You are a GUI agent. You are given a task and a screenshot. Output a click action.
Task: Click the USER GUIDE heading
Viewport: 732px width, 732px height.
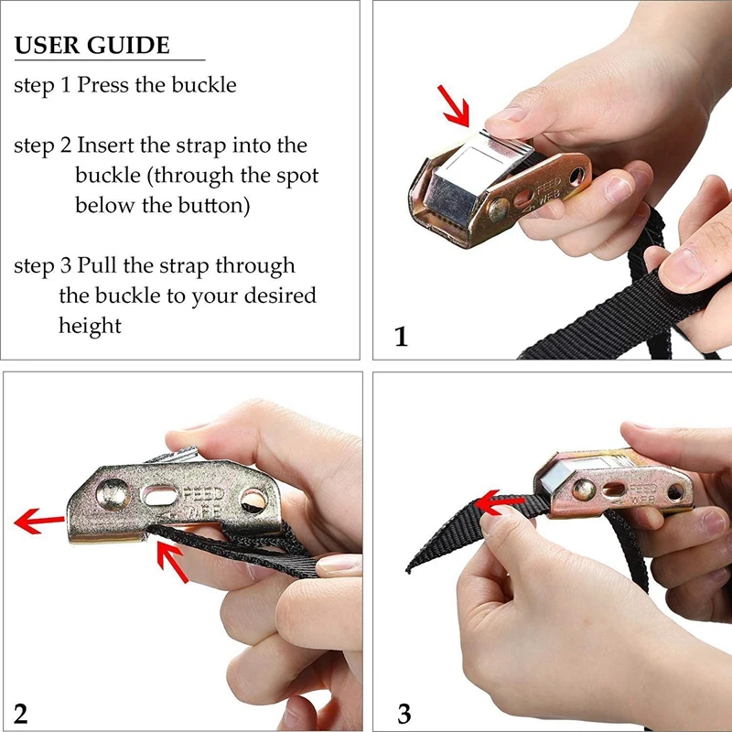[92, 45]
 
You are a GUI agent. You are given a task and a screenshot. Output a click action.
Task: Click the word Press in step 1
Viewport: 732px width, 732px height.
[102, 84]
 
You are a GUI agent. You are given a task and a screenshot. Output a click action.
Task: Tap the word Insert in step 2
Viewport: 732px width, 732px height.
[105, 145]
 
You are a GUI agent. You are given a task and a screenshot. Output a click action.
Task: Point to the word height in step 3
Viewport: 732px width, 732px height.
[90, 326]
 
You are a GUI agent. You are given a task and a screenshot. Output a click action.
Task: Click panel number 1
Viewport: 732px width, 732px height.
[401, 336]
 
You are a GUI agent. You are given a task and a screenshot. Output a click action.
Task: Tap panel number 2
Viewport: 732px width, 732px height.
[20, 714]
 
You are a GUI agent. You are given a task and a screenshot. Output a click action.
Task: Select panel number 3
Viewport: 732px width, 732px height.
[404, 714]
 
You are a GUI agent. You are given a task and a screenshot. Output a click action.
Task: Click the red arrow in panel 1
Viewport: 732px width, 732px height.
[454, 106]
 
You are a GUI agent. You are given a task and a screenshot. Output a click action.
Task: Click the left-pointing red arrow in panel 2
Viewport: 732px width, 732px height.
[39, 521]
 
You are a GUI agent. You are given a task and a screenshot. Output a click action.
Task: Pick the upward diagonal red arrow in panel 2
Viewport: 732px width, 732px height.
[172, 561]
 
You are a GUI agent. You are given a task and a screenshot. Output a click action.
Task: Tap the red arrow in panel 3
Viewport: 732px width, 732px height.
[499, 502]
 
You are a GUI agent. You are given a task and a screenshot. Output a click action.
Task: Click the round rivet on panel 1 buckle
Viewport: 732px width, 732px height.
[499, 210]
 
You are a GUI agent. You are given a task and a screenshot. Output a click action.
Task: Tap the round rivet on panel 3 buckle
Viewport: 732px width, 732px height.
[584, 490]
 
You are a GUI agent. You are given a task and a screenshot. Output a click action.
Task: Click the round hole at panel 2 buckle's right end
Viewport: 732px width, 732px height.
[253, 500]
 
